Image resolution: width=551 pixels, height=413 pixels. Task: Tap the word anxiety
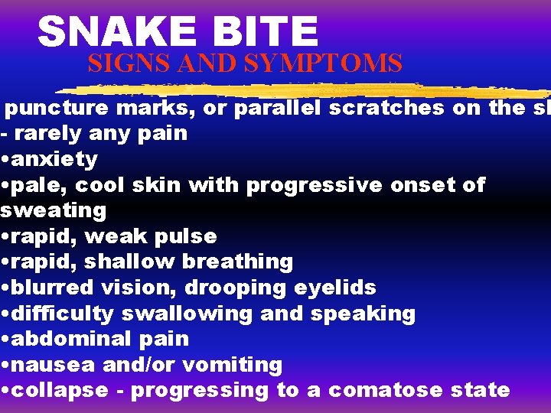pos(54,159)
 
